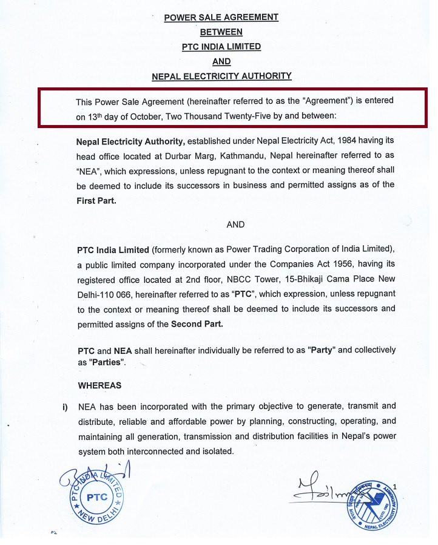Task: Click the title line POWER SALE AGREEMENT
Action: tap(221, 18)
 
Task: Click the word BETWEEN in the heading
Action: tap(221, 32)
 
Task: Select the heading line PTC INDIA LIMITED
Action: tap(221, 47)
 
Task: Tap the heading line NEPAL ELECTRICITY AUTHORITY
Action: tap(221, 76)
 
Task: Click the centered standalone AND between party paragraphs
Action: tap(235, 225)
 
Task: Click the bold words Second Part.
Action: tap(197, 324)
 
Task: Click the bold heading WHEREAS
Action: tap(99, 385)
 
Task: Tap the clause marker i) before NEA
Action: tap(65, 406)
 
